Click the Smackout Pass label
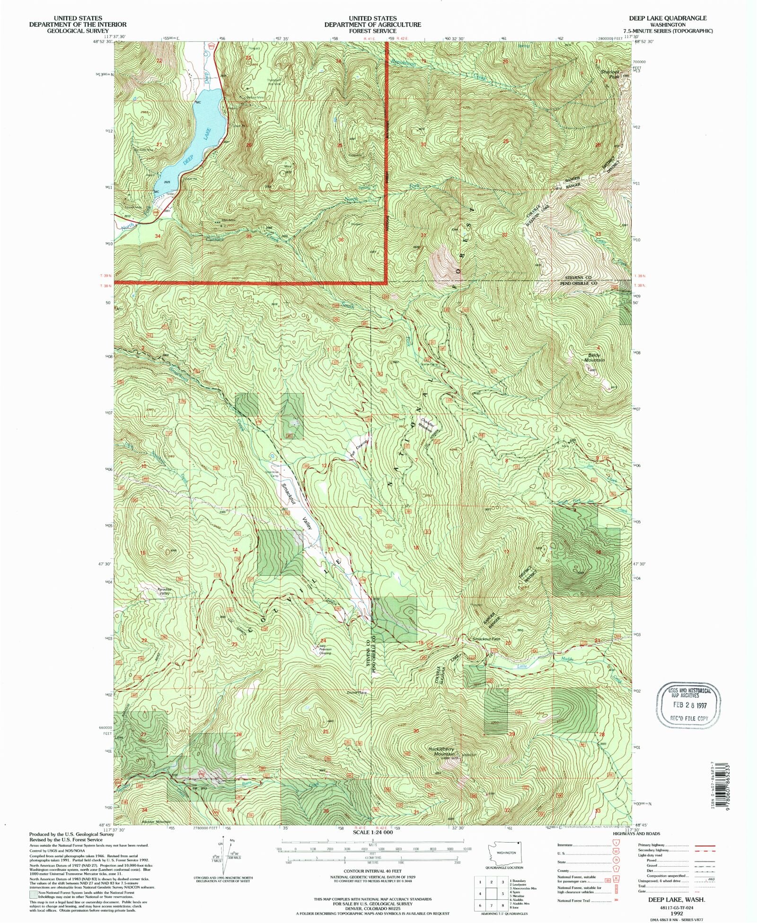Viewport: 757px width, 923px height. [x=486, y=639]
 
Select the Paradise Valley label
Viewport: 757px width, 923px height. [x=164, y=591]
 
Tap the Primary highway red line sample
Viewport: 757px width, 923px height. [x=704, y=845]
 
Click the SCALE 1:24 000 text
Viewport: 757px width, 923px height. [x=372, y=832]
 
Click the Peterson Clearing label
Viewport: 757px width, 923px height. [x=325, y=651]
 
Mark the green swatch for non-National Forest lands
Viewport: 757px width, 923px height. [x=33, y=894]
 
